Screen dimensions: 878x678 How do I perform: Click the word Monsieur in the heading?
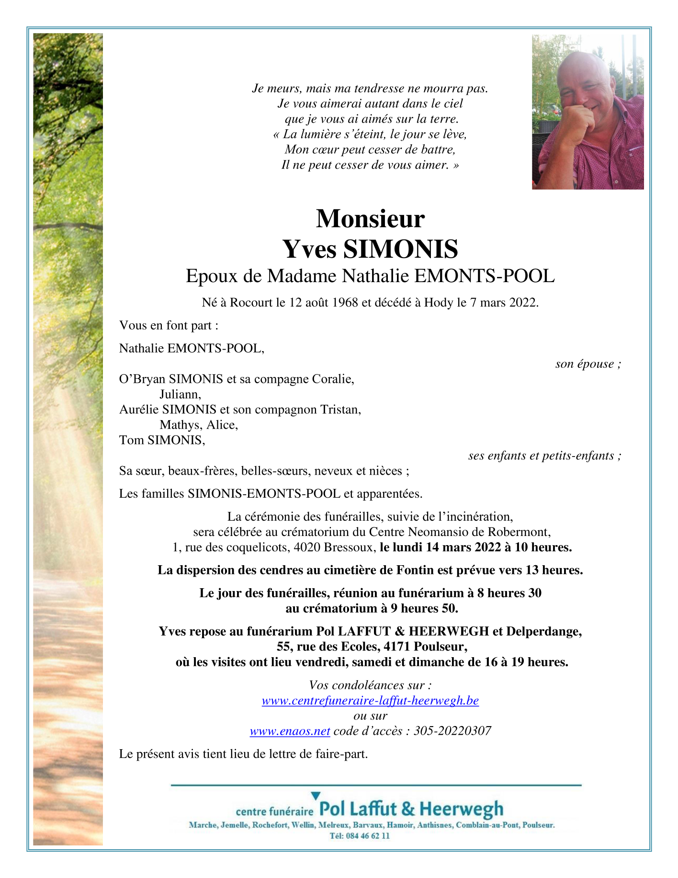click(x=370, y=219)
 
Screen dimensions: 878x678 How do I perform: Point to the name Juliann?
click(x=180, y=394)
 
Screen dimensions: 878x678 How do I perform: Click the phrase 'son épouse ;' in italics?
click(x=588, y=364)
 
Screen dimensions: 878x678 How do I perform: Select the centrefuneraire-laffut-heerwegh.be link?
click(x=370, y=701)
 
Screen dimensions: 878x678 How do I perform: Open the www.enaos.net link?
click(x=290, y=731)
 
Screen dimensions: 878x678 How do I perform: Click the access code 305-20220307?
click(x=452, y=731)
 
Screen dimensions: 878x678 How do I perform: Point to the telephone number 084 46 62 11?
click(x=366, y=836)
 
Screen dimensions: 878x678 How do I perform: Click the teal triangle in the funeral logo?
click(x=316, y=796)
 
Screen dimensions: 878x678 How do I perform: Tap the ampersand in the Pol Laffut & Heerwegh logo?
click(x=408, y=809)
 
